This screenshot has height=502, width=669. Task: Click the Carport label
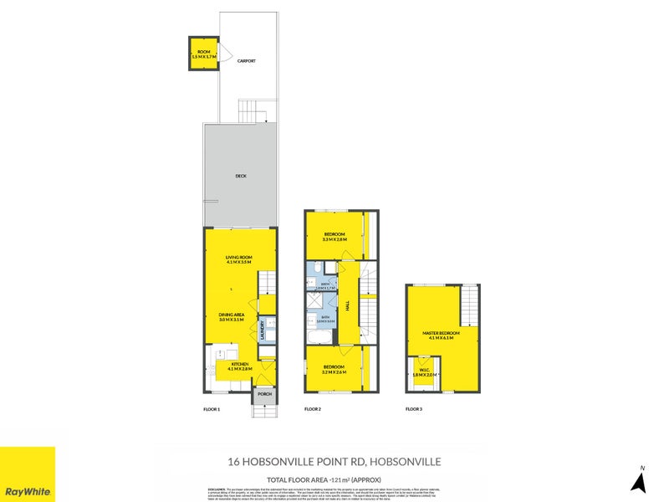[246, 61]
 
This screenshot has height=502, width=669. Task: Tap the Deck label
[240, 177]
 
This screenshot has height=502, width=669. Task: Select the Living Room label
[238, 259]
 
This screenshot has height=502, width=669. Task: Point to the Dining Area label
[232, 317]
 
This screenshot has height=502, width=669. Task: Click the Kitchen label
[239, 366]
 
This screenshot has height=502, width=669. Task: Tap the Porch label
[264, 394]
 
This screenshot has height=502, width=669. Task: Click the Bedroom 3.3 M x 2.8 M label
[335, 237]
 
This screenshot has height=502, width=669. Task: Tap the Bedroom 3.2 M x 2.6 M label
[334, 368]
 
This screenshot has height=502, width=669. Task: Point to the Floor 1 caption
[212, 409]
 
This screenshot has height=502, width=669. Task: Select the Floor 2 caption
[313, 409]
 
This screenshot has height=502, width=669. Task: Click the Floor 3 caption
[414, 409]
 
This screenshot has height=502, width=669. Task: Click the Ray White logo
[28, 474]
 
